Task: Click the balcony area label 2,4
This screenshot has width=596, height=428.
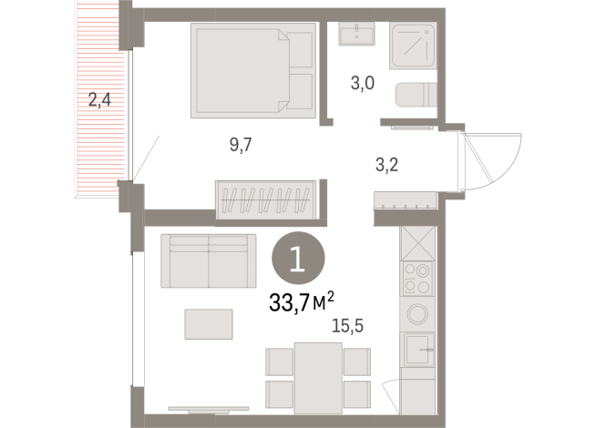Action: coord(99,99)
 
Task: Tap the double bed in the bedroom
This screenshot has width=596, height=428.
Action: coord(252,71)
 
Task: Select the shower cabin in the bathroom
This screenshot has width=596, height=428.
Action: coord(415,46)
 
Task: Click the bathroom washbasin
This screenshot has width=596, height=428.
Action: coord(355,35)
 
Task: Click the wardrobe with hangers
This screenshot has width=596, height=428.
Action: coord(265,199)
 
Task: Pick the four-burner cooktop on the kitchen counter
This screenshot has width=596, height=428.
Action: coord(418,277)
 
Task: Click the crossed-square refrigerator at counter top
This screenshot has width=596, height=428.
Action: coord(418,242)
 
